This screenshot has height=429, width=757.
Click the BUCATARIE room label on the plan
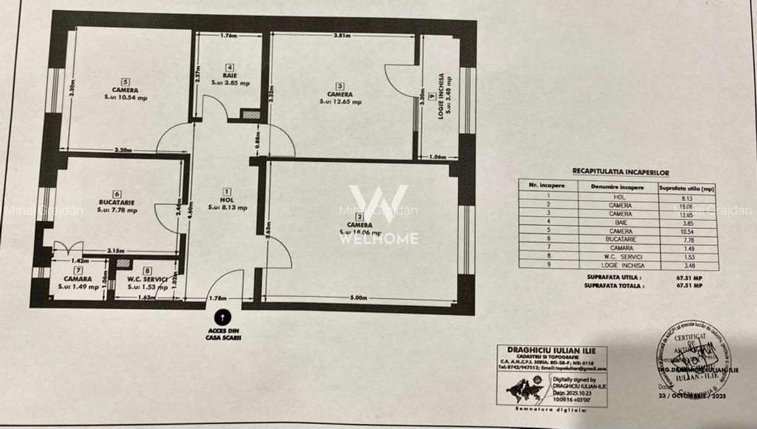tap(117, 202)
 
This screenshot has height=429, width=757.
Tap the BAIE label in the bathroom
tap(230, 75)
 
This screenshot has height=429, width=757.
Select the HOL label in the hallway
tap(227, 199)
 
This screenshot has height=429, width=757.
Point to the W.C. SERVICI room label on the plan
tap(146, 279)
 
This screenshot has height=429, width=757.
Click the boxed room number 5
tap(126, 81)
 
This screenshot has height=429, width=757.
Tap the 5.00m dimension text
tap(358, 298)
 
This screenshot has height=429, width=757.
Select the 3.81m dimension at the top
tap(342, 36)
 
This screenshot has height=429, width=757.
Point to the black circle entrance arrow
tap(223, 318)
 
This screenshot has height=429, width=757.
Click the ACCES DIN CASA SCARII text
tap(223, 334)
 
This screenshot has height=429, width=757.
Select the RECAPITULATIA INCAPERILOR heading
tap(620, 172)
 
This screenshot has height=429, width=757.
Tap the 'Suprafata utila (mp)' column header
tap(686, 187)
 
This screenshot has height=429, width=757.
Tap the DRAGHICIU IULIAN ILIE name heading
tap(551, 350)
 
